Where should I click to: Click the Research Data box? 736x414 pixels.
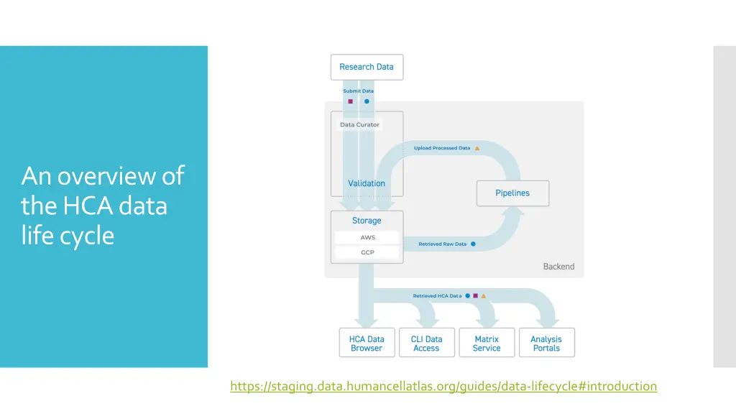[367, 67]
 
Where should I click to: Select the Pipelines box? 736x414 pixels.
[512, 193]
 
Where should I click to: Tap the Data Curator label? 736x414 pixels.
[359, 124]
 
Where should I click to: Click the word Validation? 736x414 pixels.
[367, 183]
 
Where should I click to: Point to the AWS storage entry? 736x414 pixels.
[367, 237]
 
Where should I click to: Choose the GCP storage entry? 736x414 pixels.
[367, 253]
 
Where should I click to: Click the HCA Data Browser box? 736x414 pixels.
[367, 344]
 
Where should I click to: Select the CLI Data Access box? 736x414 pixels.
[426, 344]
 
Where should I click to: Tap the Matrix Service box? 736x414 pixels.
[487, 344]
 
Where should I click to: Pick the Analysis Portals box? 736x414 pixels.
[546, 344]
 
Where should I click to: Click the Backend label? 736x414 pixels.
[558, 267]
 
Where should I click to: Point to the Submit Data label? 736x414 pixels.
[358, 91]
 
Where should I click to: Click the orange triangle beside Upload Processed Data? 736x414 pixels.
[477, 148]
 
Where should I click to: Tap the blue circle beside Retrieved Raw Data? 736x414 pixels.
[473, 244]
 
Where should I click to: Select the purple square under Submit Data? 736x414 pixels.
[351, 101]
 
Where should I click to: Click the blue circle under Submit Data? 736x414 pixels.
[367, 101]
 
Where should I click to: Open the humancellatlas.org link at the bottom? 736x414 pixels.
[443, 387]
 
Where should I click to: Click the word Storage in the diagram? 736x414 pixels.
[367, 221]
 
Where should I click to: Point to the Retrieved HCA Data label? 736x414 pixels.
[437, 296]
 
